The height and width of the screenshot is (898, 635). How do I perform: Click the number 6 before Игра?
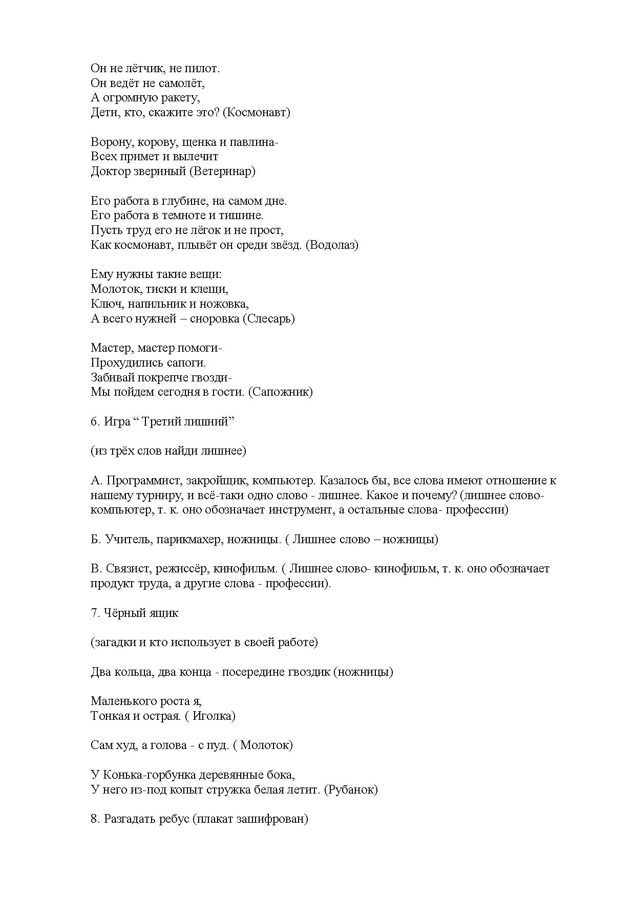click(94, 421)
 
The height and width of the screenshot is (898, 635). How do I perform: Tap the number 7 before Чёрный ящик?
click(94, 613)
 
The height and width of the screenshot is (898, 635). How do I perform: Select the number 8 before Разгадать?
click(94, 819)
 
